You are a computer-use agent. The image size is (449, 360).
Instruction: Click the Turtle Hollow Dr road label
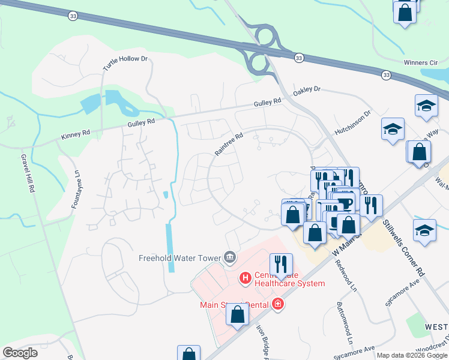[125, 63]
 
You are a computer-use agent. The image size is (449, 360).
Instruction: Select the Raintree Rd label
[229, 145]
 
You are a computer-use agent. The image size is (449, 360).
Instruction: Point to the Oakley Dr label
[307, 91]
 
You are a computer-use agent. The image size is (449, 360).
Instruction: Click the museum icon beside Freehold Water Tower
[229, 258]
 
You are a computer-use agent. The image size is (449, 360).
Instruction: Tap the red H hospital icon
[245, 278]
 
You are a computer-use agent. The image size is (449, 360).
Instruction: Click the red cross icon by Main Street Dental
[277, 304]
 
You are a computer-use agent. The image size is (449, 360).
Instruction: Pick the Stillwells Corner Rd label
[403, 248]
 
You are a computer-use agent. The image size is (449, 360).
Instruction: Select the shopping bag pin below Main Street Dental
[238, 315]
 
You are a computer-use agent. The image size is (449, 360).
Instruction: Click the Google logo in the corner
[20, 353]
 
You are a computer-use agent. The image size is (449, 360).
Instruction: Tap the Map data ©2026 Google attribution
[412, 355]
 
